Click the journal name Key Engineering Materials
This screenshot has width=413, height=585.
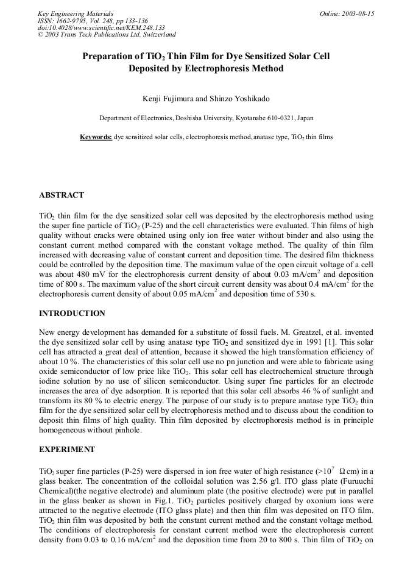tap(75, 13)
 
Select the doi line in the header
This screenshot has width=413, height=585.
tap(101, 27)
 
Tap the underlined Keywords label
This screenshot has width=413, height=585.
tap(96, 137)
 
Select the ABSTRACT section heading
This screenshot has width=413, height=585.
tap(62, 195)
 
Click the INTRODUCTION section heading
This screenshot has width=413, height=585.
tap(72, 314)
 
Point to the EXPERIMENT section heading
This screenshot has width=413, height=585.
tap(67, 450)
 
